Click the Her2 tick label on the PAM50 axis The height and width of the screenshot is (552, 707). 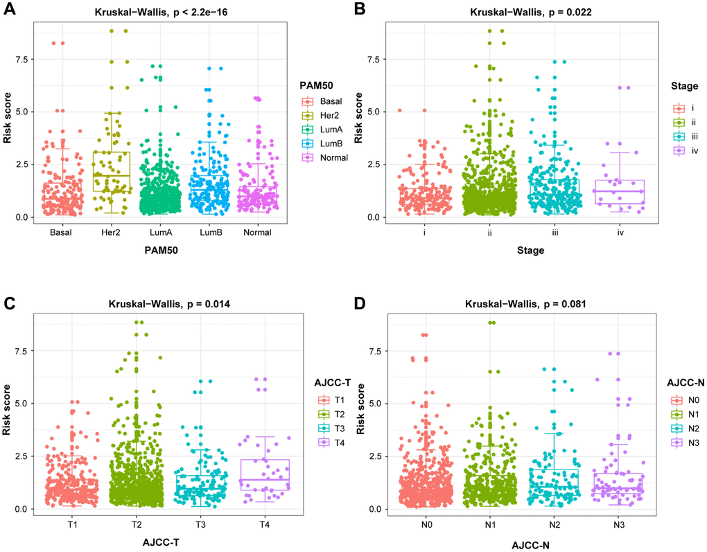click(111, 233)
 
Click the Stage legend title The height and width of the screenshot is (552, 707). click(684, 86)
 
